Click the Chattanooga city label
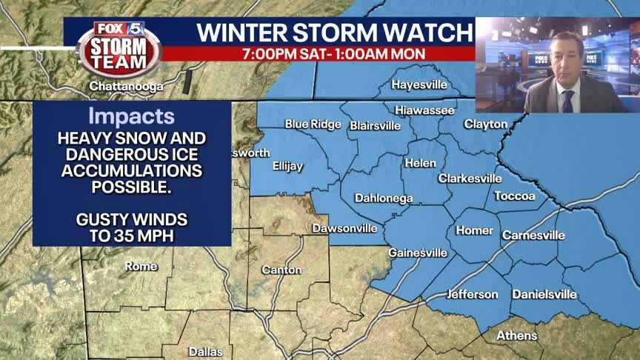pos(126,86)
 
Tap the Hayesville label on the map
pos(419,84)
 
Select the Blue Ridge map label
pos(313,124)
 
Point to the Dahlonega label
pos(383,198)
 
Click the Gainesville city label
pos(418,253)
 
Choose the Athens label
pos(517,336)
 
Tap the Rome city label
pos(141,266)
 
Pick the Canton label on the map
pos(281,270)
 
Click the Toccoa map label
pos(515,196)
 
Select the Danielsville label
pos(544,294)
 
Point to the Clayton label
pos(485,124)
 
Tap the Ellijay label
pos(287,166)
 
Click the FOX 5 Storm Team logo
pos(119,48)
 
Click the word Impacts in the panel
pos(132,116)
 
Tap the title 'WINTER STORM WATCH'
pos(334,33)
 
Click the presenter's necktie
pos(567,100)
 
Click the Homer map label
pos(474,230)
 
